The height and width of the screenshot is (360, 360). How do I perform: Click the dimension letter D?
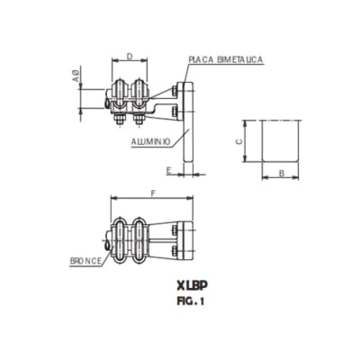pos(130,56)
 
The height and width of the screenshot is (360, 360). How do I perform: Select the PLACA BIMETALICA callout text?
pos(225,58)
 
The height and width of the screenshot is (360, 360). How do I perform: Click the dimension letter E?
pos(168,168)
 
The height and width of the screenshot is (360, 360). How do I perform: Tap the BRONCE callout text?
pos(87,262)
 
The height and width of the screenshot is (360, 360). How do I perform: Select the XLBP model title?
pos(188,287)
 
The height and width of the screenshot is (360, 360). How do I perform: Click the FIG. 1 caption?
pos(189,302)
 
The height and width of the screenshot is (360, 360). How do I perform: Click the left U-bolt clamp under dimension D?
pos(120,97)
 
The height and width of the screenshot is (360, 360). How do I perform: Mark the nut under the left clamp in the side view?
pos(119,119)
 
